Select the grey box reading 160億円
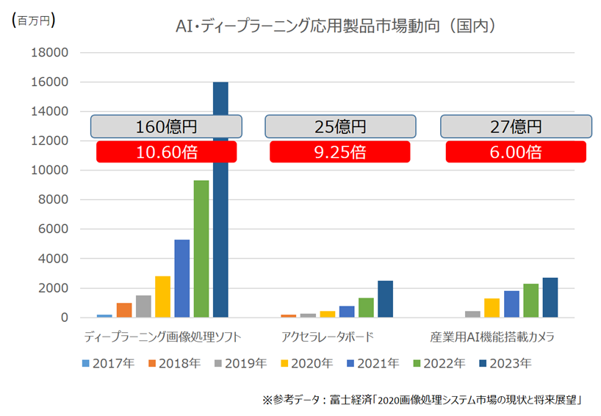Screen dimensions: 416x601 [x=166, y=126]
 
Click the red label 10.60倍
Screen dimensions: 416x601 [x=166, y=152]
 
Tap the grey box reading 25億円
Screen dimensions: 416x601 [x=339, y=126]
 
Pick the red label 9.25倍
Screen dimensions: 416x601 [x=339, y=152]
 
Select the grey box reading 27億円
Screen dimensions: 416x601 [x=515, y=126]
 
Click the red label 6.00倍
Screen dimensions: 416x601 [x=515, y=152]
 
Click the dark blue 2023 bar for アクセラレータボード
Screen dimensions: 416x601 [x=385, y=298]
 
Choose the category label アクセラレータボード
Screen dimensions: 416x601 [x=328, y=338]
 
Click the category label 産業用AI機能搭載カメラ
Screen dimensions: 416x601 [x=492, y=338]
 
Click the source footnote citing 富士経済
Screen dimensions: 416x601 [x=422, y=401]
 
